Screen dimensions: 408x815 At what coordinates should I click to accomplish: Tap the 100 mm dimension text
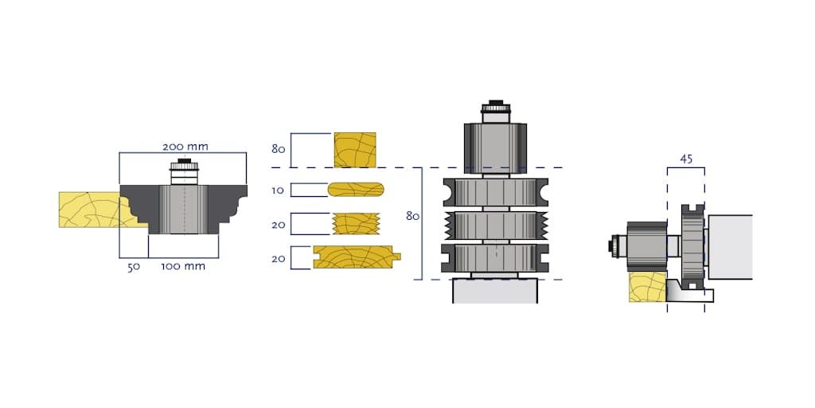tap(183, 266)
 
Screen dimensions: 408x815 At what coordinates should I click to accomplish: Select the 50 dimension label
tap(133, 266)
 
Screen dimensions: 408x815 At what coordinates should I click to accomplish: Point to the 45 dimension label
tap(686, 159)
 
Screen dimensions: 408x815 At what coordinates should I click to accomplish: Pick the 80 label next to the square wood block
tap(278, 149)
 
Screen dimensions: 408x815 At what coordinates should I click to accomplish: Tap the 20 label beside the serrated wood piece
tap(278, 225)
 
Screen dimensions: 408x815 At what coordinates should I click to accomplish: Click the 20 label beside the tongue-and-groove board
tap(278, 257)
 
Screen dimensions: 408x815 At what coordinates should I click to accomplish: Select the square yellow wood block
tap(355, 149)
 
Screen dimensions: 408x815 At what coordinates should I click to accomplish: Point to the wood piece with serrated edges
tap(355, 223)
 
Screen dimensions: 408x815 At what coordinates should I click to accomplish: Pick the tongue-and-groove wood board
tap(356, 257)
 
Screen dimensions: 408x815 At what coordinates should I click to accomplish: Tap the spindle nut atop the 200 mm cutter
tap(184, 170)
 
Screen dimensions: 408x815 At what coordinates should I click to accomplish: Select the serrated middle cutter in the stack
tap(494, 225)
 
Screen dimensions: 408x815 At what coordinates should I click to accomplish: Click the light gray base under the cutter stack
tap(494, 291)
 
